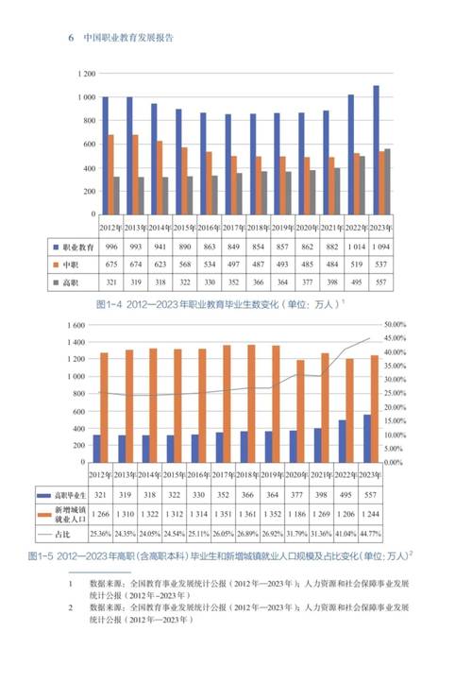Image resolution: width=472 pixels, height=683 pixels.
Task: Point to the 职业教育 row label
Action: [x=76, y=245]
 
